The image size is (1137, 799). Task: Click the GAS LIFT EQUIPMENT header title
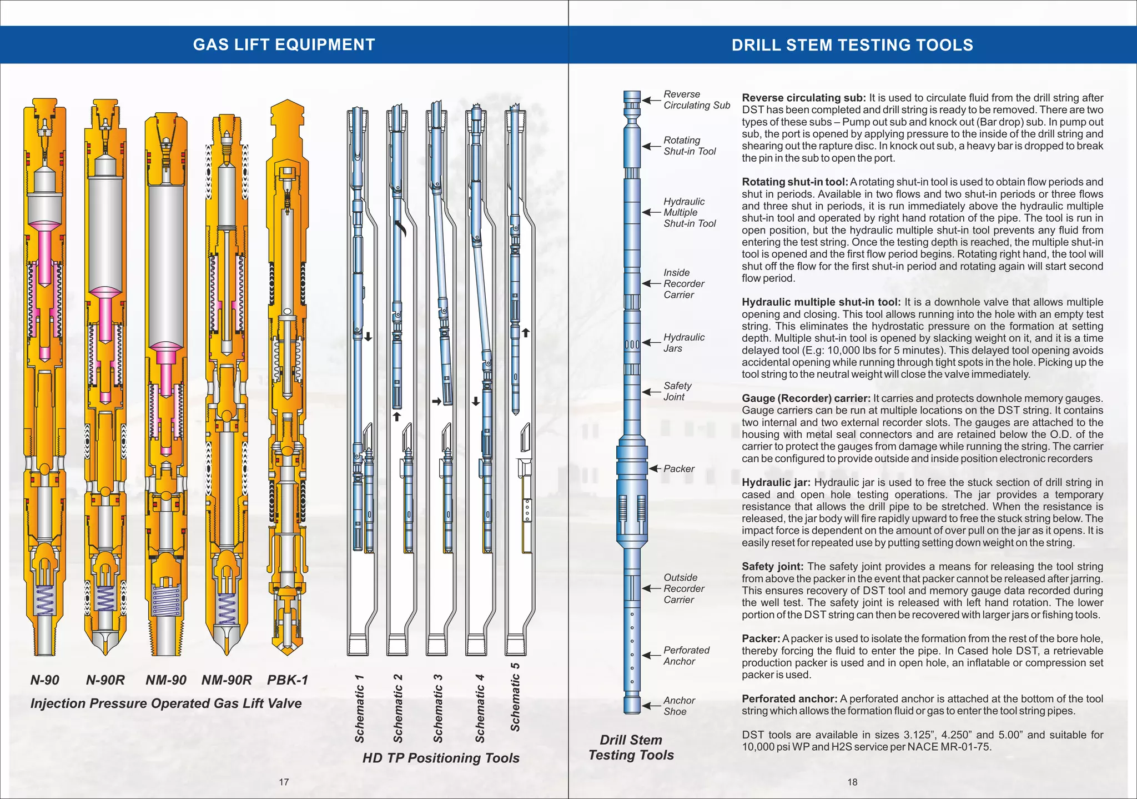[284, 44]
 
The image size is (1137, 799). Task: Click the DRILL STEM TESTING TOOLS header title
[852, 45]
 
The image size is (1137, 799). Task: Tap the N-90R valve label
[105, 680]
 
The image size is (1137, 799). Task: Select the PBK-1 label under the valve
[287, 680]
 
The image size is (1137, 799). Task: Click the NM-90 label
[166, 680]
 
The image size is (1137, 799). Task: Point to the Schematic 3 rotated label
[438, 708]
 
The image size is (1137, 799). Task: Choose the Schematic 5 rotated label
[515, 697]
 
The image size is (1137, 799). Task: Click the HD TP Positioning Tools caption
[441, 758]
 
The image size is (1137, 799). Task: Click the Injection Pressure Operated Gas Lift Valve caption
[166, 703]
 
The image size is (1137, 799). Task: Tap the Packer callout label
[679, 469]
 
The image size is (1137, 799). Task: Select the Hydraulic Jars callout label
[683, 343]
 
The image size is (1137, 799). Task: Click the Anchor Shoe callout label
[679, 706]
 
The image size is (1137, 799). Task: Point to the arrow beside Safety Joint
[651, 392]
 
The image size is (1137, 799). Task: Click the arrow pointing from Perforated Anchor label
[651, 656]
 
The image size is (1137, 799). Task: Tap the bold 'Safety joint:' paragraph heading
[772, 567]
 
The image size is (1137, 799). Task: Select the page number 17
[284, 782]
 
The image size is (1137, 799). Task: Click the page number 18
[852, 782]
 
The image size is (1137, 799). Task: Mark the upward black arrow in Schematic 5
[526, 333]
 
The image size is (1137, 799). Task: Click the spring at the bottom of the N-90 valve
[45, 601]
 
